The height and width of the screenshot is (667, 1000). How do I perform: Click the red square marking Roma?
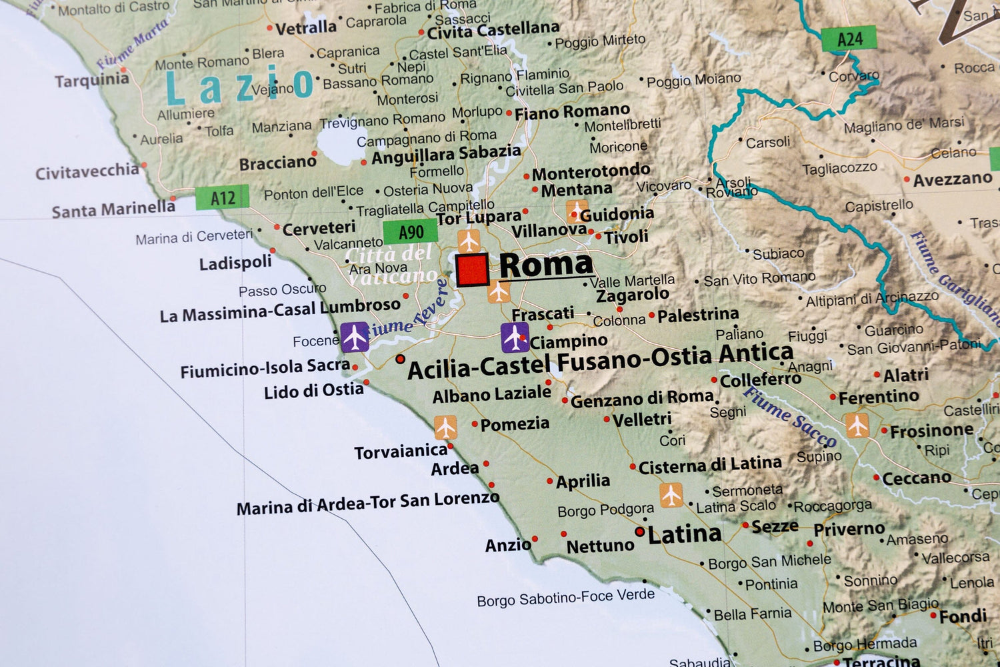[x=473, y=270]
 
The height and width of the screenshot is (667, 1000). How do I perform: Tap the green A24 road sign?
[x=849, y=39]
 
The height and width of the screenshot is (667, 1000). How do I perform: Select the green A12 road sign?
[x=222, y=198]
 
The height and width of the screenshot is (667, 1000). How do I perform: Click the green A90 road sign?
[x=410, y=232]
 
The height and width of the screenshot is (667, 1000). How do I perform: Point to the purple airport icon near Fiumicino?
[x=354, y=337]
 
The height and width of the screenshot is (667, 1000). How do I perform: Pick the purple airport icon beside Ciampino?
[x=515, y=338]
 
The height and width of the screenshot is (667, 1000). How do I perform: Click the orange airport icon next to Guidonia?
[x=576, y=211]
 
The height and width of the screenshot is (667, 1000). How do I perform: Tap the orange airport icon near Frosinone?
[x=857, y=425]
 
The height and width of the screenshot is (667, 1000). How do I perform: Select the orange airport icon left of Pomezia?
[x=445, y=427]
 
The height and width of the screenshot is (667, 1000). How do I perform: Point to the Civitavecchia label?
[x=87, y=172]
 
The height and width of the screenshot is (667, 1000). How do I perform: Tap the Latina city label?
[x=684, y=534]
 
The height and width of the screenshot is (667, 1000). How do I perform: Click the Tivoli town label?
[x=626, y=237]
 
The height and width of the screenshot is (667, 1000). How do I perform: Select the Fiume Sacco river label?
[x=789, y=417]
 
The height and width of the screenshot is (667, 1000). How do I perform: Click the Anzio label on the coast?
[x=507, y=546]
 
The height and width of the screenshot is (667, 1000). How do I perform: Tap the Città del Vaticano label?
[x=391, y=264]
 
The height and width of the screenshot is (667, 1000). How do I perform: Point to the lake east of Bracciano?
[x=336, y=143]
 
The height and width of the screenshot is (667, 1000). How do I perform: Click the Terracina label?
[x=881, y=662]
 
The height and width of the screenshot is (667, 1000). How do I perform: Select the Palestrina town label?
[x=697, y=315]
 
